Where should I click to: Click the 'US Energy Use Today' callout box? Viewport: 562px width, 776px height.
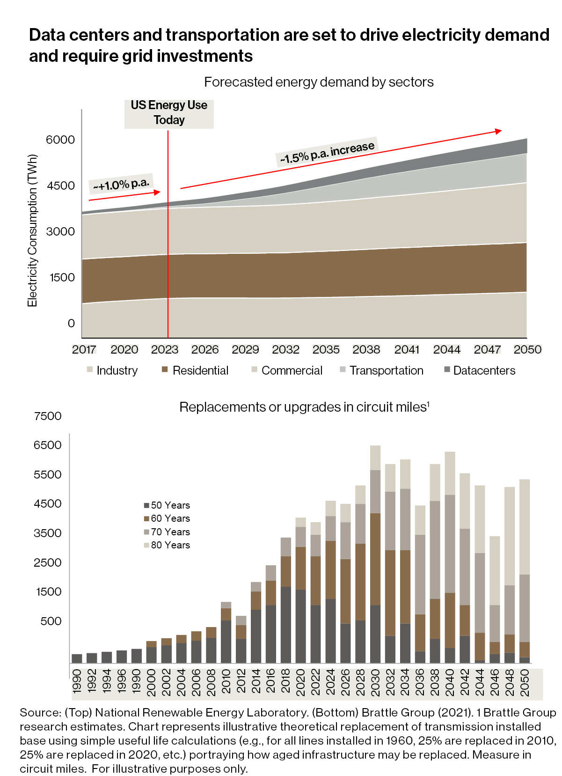coord(169,113)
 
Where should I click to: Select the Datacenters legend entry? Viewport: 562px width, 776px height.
coord(480,370)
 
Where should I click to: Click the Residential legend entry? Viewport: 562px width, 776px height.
coord(195,370)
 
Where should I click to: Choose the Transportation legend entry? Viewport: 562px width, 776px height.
coord(381,370)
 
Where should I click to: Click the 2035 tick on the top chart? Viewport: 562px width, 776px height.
coord(326,349)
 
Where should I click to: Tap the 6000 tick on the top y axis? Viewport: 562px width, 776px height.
coord(60,140)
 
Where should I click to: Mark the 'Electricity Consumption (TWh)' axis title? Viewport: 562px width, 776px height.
coord(32,230)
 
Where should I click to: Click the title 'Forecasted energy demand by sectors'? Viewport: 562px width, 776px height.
coord(319,82)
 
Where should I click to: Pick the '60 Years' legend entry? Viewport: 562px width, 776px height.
coord(167,518)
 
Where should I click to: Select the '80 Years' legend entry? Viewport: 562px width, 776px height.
coord(167,545)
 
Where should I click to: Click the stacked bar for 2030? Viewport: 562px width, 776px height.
coord(375,554)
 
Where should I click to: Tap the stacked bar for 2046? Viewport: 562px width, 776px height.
coord(495,599)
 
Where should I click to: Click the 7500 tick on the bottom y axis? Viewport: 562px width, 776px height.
coord(48,416)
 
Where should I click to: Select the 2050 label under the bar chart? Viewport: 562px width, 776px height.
coord(525,683)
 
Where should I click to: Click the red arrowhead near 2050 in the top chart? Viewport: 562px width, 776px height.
coord(499,131)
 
